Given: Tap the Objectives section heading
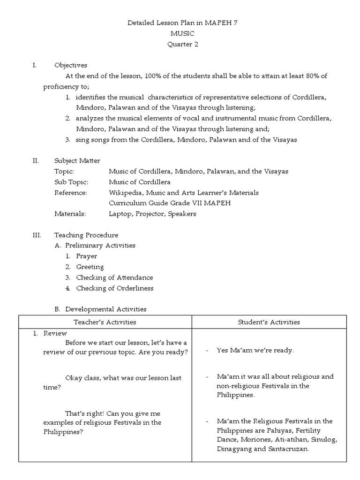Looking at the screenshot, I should click(70, 65).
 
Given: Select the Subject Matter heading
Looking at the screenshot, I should click(77, 161).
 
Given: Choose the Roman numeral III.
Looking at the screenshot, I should click(37, 235).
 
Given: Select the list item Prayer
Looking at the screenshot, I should click(87, 256).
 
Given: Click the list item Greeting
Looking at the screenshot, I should click(90, 267).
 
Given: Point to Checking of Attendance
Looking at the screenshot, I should click(114, 277).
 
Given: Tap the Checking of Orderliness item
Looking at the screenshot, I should click(114, 288).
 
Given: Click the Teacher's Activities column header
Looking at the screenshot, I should click(105, 322).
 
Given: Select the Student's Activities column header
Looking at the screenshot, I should click(269, 322).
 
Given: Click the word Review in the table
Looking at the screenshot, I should click(53, 333).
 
